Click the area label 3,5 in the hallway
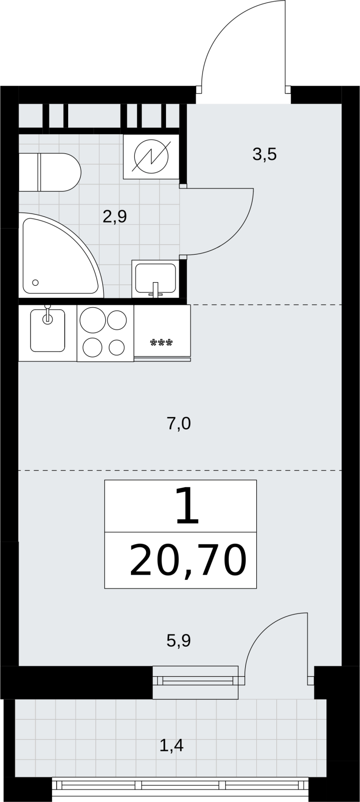pyautogui.click(x=264, y=155)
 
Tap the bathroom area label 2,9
pyautogui.click(x=115, y=217)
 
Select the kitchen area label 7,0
pyautogui.click(x=178, y=424)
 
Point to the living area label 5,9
pyautogui.click(x=178, y=641)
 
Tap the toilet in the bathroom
pyautogui.click(x=50, y=172)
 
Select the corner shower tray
pyautogui.click(x=61, y=255)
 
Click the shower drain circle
pyautogui.click(x=35, y=283)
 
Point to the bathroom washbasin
pyautogui.click(x=155, y=279)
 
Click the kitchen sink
pyautogui.click(x=48, y=330)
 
